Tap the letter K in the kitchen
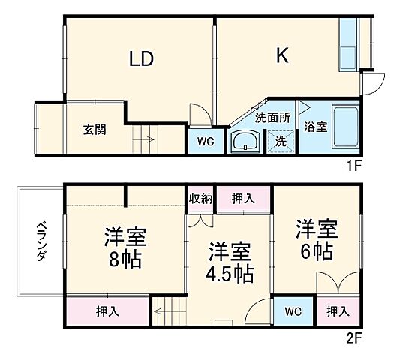pos(282,56)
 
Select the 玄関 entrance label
pos(94,130)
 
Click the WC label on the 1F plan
pos(206,141)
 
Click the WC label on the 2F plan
pos(293,310)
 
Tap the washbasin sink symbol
pos(245,141)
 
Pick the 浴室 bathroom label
pos(315,127)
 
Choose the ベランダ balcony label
pos(42,241)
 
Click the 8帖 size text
pos(124,260)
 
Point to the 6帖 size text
pos(318,251)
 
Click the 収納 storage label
pos(200,198)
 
